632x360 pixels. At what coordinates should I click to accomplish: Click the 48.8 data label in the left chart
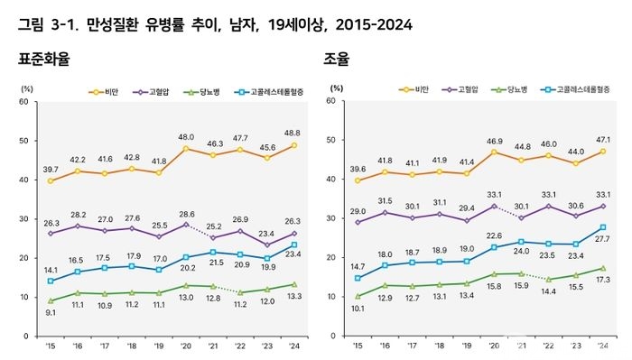coord(293,133)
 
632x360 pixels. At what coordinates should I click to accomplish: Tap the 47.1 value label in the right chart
coord(602,140)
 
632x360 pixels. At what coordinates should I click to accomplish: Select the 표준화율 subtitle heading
coord(44,60)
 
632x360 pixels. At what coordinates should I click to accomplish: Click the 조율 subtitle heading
coord(336,60)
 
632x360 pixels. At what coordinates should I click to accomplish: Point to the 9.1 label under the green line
coord(51,312)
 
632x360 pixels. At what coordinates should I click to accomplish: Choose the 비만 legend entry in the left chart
coord(104,92)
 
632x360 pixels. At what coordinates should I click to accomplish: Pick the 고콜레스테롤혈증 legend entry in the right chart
coord(575,89)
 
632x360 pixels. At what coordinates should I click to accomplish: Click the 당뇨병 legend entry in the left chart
coord(201,92)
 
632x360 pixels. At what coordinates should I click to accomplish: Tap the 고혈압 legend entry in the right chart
coord(460,89)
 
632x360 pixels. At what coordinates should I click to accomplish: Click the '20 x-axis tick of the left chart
coord(185,346)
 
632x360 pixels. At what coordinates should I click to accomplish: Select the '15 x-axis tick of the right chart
coord(358,346)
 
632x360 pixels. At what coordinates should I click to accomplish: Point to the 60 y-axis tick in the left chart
coord(23,101)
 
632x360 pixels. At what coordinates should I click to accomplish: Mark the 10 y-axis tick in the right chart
coord(331,296)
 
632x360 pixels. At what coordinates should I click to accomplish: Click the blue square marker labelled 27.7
coord(603,227)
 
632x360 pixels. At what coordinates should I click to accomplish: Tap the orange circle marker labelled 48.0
coord(186,149)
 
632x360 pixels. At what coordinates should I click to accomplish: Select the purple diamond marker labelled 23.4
coord(267,245)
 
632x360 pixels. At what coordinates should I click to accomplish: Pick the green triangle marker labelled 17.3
coord(603,268)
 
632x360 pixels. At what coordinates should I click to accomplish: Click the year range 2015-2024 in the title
coord(374,25)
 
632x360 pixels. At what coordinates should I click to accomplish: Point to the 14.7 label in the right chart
coord(358,266)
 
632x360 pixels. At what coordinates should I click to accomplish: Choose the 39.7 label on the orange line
coord(51,170)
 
